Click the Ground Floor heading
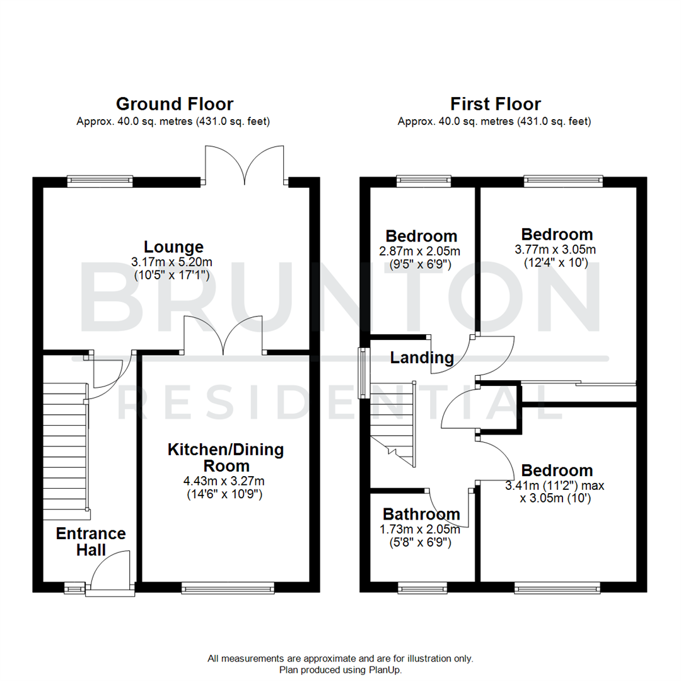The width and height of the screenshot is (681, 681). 174,104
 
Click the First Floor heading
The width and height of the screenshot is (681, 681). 495,104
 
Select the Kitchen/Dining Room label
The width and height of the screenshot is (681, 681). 225,458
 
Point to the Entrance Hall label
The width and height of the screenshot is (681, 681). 91,542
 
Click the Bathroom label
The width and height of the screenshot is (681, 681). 421,513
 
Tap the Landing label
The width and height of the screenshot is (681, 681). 422,358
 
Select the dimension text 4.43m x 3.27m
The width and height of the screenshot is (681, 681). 224,481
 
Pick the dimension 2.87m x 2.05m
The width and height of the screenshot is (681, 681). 422,251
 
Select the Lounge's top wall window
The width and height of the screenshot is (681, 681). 100,182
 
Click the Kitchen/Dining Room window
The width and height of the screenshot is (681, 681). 228,588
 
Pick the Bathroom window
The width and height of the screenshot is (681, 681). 422,588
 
